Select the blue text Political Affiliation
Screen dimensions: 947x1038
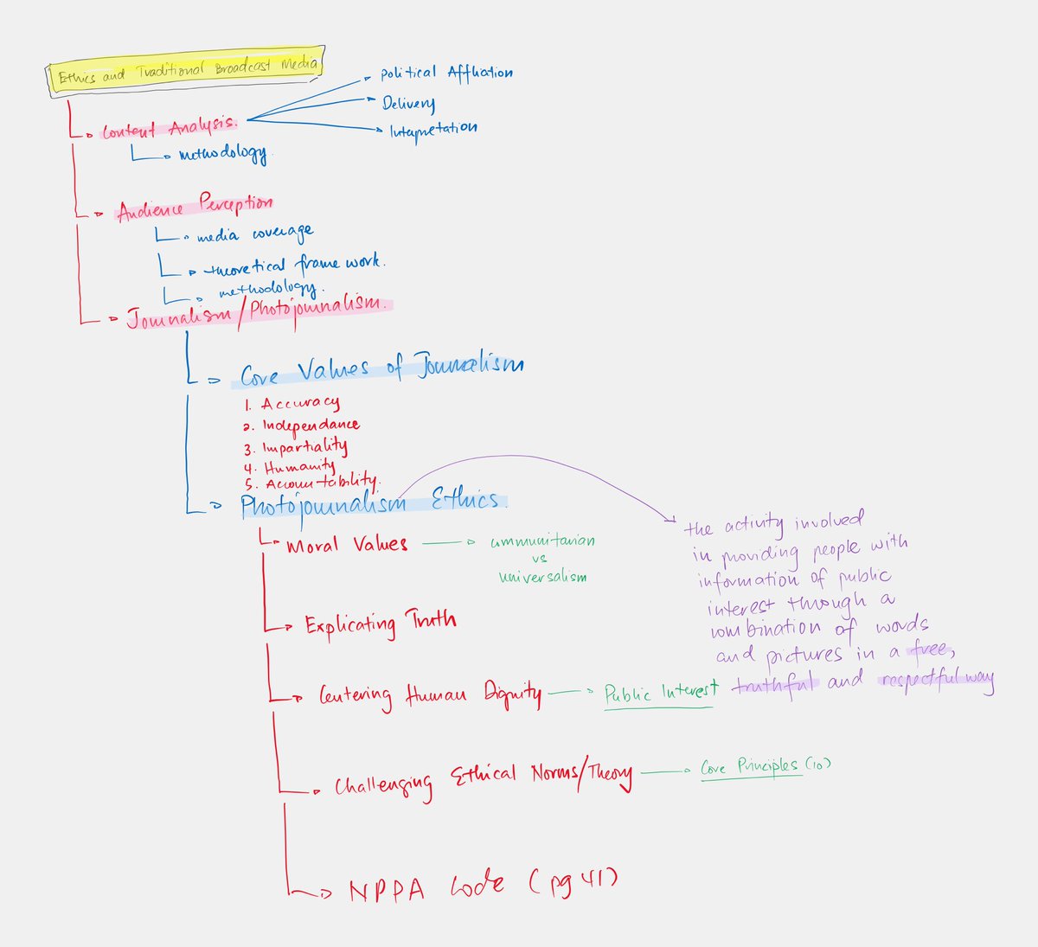(446, 74)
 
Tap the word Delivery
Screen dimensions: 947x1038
(408, 104)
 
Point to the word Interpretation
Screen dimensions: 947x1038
(432, 131)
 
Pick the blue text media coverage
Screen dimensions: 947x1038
(254, 234)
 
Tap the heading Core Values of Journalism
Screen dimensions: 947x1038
(381, 369)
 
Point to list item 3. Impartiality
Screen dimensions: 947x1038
(296, 447)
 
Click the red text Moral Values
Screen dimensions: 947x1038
(346, 545)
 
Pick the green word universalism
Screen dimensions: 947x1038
(542, 577)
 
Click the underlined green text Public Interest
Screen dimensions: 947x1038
(661, 692)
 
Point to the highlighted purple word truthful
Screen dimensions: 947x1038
(773, 684)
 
